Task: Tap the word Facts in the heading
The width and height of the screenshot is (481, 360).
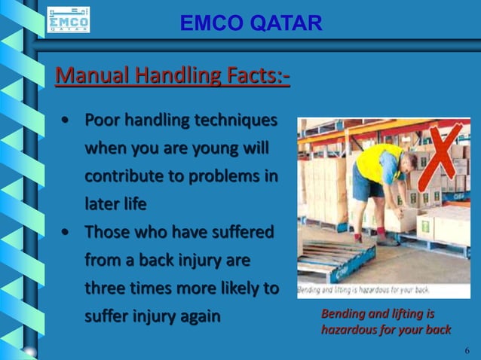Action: click(253, 76)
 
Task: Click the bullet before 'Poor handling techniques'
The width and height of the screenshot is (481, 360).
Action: click(67, 121)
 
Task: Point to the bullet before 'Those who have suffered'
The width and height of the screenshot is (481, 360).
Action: click(67, 231)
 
